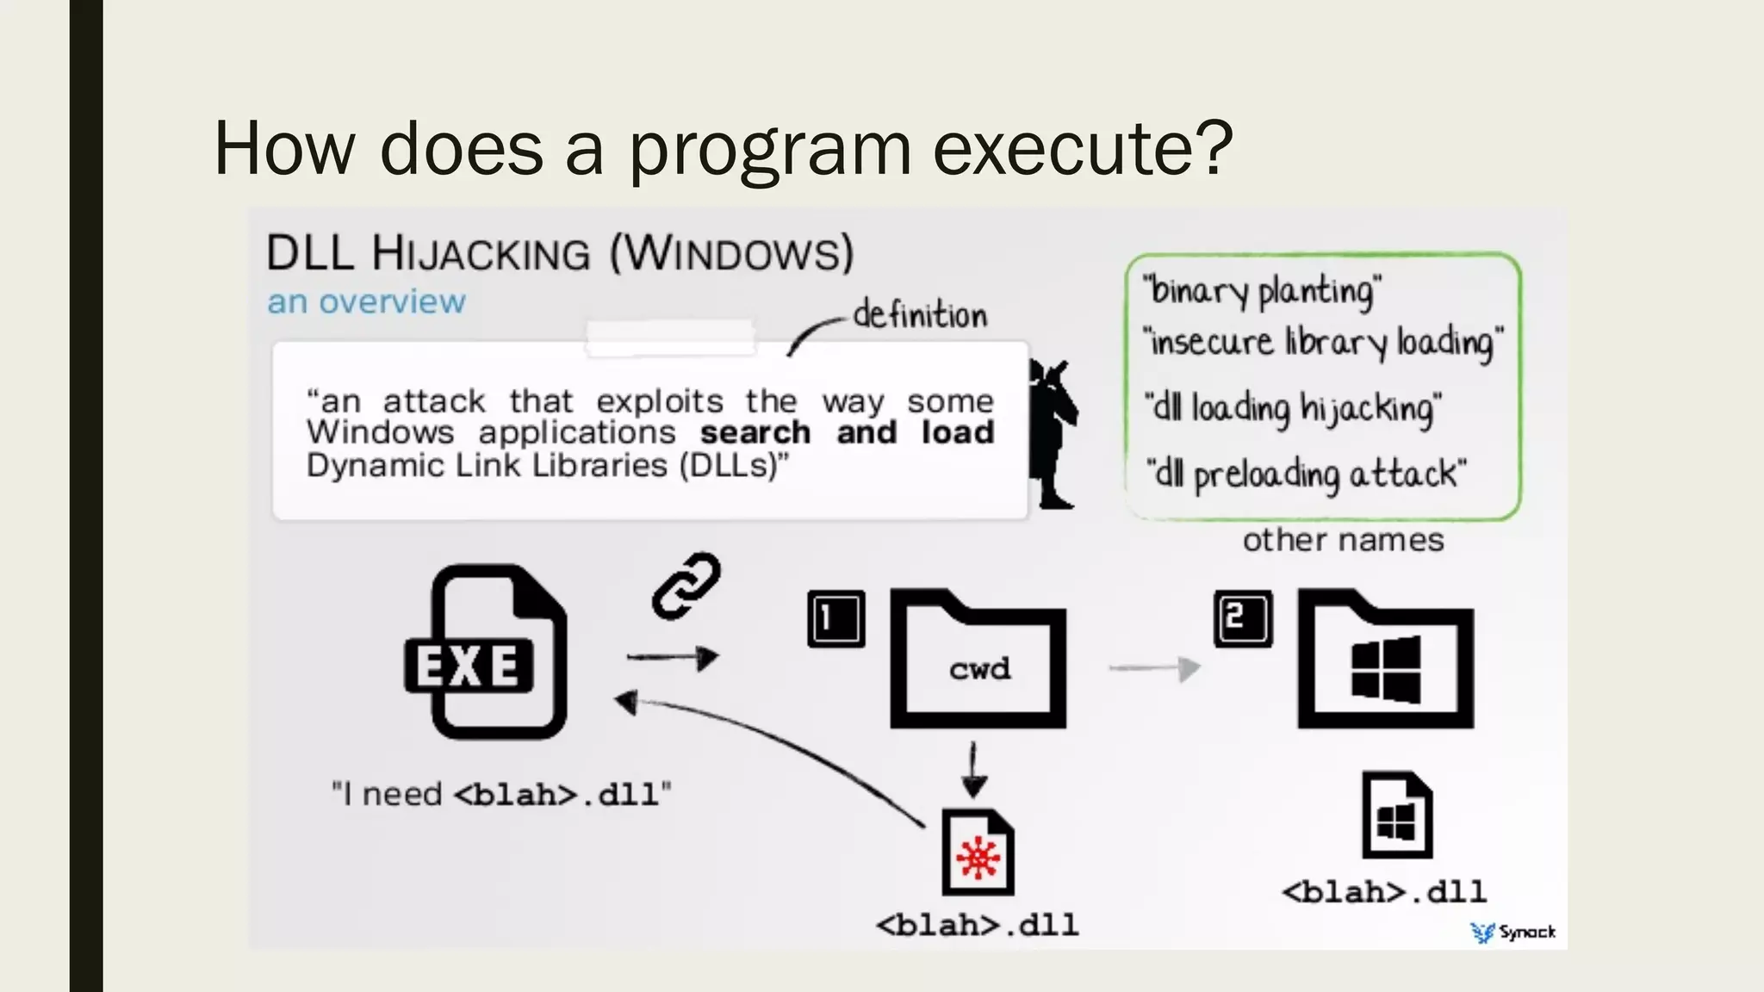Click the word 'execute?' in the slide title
coord(1083,148)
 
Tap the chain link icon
coord(686,586)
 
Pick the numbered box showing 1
coord(835,618)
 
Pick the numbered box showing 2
coord(1243,618)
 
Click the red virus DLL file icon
coord(978,853)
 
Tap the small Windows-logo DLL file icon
coord(1396,815)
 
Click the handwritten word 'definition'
coord(919,315)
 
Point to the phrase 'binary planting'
coord(1262,291)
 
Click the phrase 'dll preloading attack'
coord(1306,474)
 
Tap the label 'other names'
coord(1343,540)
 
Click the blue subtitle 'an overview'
coord(366,301)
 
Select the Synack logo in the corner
coord(1513,932)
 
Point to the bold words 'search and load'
coord(847,432)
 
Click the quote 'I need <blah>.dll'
coord(501,793)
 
